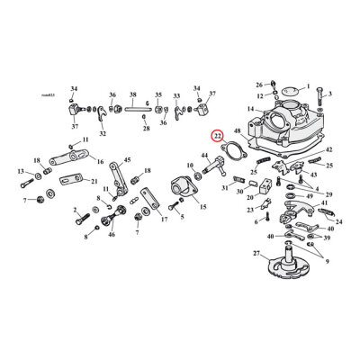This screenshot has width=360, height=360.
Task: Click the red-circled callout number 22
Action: tap(217, 136)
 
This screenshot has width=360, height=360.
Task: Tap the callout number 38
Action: tap(133, 94)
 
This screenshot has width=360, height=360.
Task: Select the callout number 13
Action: tap(19, 171)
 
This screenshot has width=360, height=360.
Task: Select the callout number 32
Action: tap(102, 133)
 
